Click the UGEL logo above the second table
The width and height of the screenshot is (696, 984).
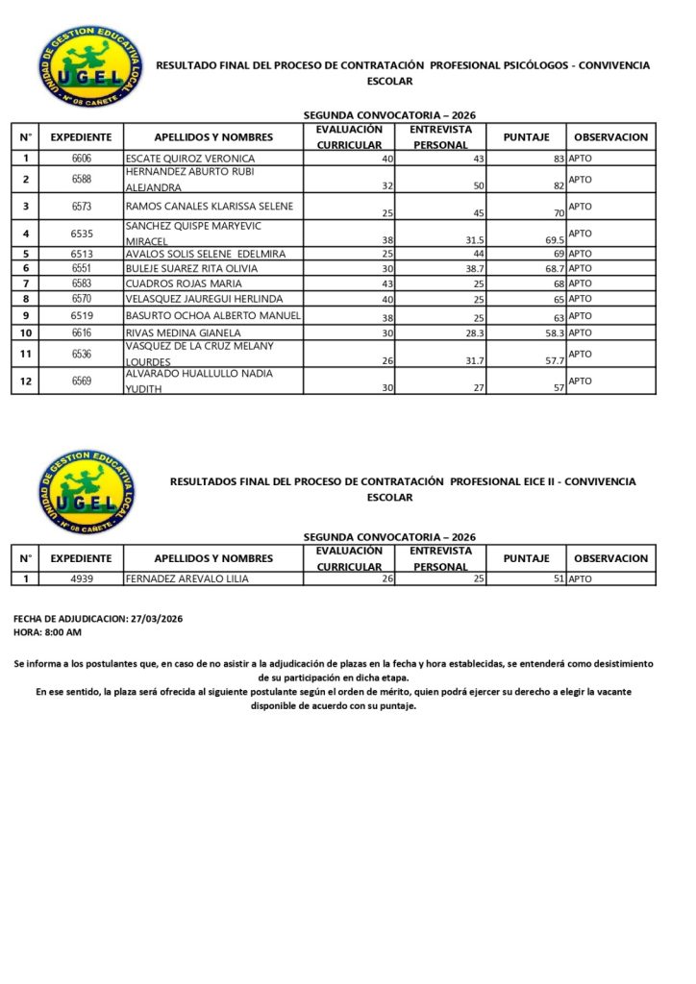tap(87, 492)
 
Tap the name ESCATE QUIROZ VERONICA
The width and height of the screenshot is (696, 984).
tap(189, 158)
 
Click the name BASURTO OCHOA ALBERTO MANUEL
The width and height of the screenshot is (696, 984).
tap(213, 315)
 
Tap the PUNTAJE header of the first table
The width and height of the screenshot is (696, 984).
tap(526, 136)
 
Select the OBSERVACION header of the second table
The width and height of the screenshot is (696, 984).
tap(610, 557)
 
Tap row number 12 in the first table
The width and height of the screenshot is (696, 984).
tap(26, 381)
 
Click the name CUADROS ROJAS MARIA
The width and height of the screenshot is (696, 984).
tap(183, 283)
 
